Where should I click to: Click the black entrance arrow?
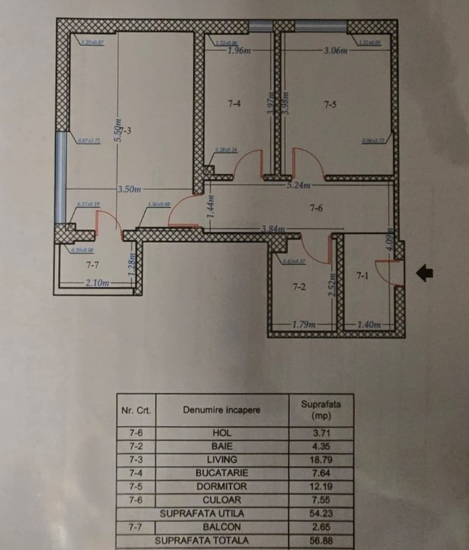pyautogui.click(x=424, y=272)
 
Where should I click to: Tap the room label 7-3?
pyautogui.click(x=125, y=131)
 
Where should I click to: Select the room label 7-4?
pyautogui.click(x=234, y=105)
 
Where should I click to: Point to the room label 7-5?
pyautogui.click(x=330, y=105)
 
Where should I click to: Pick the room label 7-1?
pyautogui.click(x=363, y=275)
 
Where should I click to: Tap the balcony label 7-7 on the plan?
pyautogui.click(x=92, y=265)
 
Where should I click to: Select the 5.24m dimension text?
pyautogui.click(x=299, y=185)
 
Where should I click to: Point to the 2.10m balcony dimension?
pyautogui.click(x=97, y=284)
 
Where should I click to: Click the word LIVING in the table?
pyautogui.click(x=222, y=460)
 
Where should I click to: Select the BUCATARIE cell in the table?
pyautogui.click(x=222, y=473)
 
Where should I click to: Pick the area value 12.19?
pyautogui.click(x=321, y=487)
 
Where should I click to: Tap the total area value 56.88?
pyautogui.click(x=321, y=541)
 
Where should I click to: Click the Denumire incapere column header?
pyautogui.click(x=222, y=410)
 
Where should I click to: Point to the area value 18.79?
pyautogui.click(x=321, y=460)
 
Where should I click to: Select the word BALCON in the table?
pyautogui.click(x=222, y=527)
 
